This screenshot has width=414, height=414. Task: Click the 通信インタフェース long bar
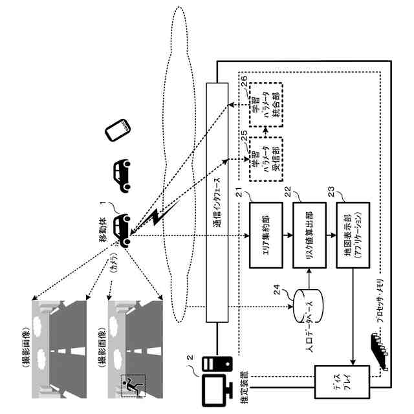[x=217, y=202]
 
